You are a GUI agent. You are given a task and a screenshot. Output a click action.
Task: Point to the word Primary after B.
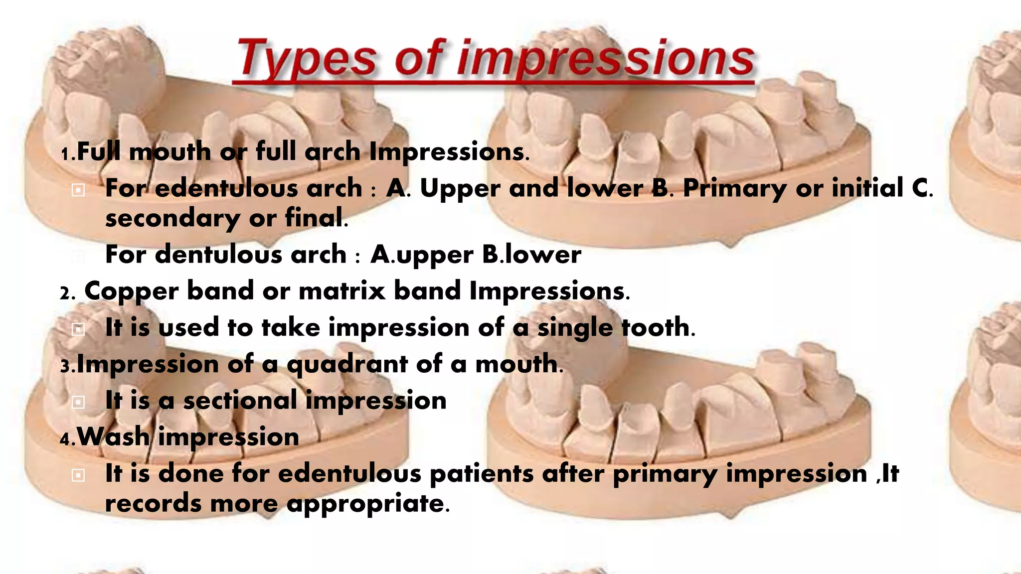point(734,189)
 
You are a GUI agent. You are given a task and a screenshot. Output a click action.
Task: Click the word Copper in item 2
point(131,291)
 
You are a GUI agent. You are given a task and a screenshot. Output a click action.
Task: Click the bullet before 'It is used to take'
point(78,329)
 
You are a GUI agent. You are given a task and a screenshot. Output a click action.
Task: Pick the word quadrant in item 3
point(347,364)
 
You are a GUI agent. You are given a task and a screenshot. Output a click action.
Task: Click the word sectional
point(240,401)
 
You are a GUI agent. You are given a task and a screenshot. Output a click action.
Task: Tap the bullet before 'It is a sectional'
point(78,402)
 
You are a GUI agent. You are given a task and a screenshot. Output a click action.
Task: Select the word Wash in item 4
point(113,437)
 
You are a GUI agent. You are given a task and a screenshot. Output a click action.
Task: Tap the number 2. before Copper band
point(67,293)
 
